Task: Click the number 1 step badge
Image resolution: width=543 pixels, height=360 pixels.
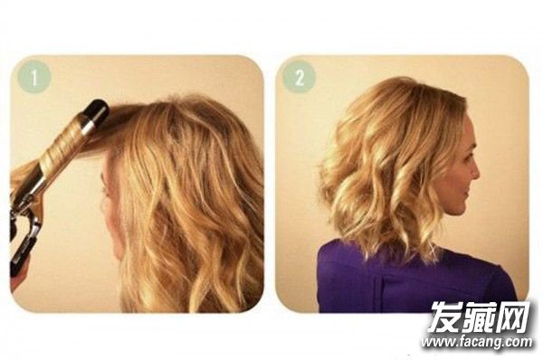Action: [34, 77]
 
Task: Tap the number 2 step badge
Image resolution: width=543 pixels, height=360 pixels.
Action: [299, 77]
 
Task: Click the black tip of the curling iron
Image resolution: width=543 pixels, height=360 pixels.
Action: [97, 110]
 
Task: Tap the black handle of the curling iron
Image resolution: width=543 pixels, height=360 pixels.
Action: [21, 251]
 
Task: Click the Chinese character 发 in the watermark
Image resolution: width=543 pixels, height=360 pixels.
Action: [445, 317]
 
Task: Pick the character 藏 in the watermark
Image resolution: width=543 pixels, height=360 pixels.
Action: [479, 317]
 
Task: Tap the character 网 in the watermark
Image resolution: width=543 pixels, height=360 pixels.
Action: [513, 317]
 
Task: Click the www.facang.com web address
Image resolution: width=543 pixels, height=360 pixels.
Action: [477, 342]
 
